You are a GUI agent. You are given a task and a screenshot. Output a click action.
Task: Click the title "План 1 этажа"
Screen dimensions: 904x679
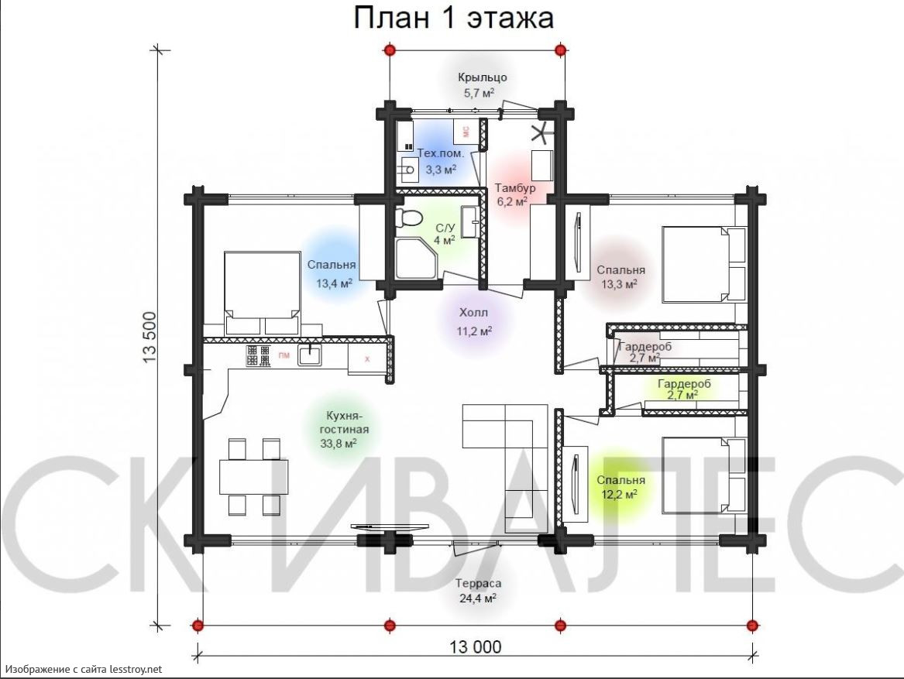tap(453, 17)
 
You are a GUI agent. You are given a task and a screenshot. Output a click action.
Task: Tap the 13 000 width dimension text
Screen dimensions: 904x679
tap(475, 646)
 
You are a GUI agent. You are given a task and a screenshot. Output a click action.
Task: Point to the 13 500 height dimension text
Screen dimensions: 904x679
tap(150, 338)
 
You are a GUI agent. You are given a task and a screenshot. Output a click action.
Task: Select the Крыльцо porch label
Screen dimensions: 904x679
tap(483, 77)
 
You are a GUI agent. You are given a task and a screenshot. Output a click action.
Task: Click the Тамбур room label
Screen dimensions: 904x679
tap(515, 188)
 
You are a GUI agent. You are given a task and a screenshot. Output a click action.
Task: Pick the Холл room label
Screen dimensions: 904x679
tap(473, 313)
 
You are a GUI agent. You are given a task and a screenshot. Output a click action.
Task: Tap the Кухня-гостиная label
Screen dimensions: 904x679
tap(344, 423)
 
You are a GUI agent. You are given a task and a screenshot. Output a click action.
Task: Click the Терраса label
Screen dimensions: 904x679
tap(478, 583)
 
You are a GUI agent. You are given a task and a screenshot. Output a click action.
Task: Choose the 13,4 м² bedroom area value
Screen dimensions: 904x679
tap(334, 283)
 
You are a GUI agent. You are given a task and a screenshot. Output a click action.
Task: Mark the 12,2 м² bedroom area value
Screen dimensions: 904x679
tap(620, 494)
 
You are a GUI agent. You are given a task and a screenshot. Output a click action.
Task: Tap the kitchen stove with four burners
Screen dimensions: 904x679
tap(258, 356)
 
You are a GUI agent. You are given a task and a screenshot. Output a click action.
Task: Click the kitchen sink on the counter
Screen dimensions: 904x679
tap(310, 355)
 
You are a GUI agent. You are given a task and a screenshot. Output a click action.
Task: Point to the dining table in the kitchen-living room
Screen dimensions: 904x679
tap(253, 477)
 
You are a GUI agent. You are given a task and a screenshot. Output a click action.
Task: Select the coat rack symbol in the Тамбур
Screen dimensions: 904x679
tap(541, 133)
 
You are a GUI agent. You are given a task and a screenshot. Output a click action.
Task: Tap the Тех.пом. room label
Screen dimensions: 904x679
tap(441, 154)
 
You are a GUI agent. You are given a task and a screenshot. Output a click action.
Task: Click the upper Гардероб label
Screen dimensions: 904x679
tap(644, 347)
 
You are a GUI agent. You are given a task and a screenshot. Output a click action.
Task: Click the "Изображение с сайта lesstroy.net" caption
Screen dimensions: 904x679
tap(84, 669)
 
